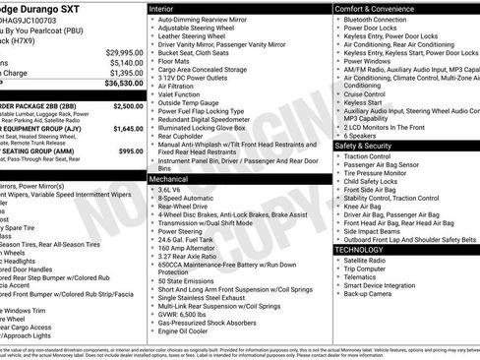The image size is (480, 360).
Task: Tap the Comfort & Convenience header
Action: pyautogui.click(x=377, y=8)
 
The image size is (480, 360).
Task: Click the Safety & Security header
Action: pyautogui.click(x=366, y=145)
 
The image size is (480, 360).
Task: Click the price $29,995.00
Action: pyautogui.click(x=124, y=51)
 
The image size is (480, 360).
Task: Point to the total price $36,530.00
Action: pyautogui.click(x=123, y=85)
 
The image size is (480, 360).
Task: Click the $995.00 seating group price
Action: pyautogui.click(x=130, y=151)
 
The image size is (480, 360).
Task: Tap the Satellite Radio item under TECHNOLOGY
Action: pyautogui.click(x=368, y=261)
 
